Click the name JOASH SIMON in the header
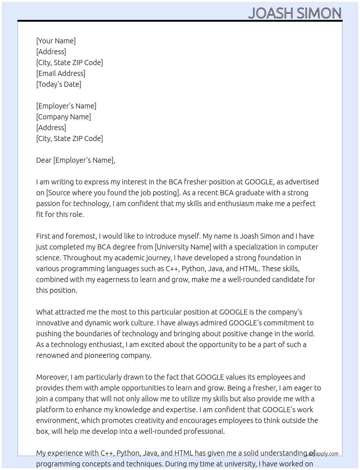tap(295, 13)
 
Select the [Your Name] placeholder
tap(56, 41)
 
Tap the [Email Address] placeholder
tap(61, 73)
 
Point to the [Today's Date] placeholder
tap(59, 84)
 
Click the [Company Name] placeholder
tap(64, 117)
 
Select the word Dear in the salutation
tap(44, 160)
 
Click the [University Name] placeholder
tap(183, 247)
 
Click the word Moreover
tap(52, 377)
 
